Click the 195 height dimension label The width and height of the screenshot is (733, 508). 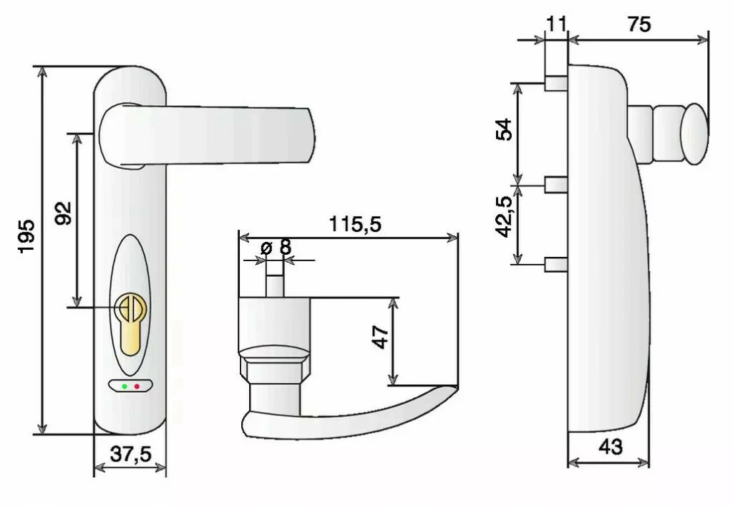click(x=26, y=235)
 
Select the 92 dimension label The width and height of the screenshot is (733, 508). click(x=63, y=213)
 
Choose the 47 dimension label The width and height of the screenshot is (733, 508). click(x=381, y=336)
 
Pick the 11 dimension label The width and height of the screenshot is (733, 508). click(x=556, y=24)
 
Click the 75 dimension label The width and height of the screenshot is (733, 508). click(x=639, y=24)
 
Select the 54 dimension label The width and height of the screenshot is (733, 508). click(x=505, y=130)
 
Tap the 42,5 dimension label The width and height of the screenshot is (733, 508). click(x=505, y=218)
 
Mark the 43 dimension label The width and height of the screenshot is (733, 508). click(x=610, y=447)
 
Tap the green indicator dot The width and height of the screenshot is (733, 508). click(x=125, y=386)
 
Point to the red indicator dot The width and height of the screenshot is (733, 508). click(x=137, y=386)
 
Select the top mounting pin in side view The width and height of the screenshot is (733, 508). click(x=556, y=83)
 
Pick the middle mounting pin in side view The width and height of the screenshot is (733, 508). click(x=556, y=185)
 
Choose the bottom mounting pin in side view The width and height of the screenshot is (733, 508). click(x=556, y=264)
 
